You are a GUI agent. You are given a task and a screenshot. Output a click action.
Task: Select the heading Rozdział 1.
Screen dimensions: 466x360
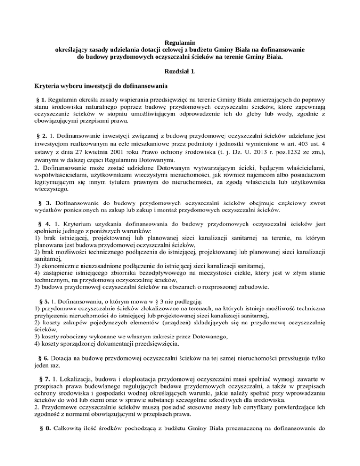180,72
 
